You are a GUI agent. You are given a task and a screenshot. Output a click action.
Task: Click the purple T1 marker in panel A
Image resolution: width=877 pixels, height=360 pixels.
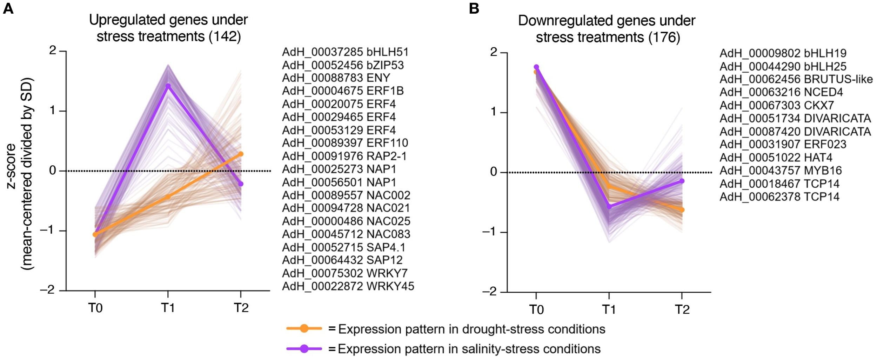click(168, 86)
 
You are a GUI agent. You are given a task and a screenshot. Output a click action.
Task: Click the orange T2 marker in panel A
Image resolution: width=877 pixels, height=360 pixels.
click(241, 154)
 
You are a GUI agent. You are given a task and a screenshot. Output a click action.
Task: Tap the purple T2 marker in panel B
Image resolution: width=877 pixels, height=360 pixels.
click(682, 181)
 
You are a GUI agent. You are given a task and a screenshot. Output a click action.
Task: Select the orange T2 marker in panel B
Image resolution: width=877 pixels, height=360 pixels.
click(682, 210)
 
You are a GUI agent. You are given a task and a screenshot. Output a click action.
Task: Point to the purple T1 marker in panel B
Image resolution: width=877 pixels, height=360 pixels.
click(609, 207)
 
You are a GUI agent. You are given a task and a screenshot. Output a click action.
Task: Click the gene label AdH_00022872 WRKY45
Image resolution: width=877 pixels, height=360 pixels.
click(348, 286)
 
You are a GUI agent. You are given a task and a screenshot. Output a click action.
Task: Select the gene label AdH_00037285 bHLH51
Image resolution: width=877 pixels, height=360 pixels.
click(345, 52)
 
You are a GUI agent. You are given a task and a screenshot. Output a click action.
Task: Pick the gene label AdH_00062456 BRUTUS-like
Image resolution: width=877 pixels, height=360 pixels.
click(796, 79)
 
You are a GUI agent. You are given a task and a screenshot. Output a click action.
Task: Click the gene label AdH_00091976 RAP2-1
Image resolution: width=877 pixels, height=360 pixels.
click(344, 156)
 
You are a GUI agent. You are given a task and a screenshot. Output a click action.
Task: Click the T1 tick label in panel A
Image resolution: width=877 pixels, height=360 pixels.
click(168, 308)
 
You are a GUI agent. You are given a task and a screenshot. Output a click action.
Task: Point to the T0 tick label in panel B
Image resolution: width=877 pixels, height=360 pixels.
click(536, 309)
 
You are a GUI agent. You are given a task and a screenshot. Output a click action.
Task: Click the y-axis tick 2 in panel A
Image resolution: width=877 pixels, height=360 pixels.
click(53, 51)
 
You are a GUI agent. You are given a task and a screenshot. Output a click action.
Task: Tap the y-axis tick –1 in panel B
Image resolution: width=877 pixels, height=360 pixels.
click(490, 232)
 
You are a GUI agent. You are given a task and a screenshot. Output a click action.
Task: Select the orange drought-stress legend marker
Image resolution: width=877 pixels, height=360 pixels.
click(304, 328)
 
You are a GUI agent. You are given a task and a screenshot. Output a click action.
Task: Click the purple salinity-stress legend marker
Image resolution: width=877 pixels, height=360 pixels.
click(304, 349)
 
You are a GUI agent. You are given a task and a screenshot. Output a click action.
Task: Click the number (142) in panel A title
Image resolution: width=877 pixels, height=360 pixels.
click(225, 36)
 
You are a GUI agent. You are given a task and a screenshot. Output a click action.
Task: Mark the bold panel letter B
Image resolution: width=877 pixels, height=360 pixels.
click(474, 8)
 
